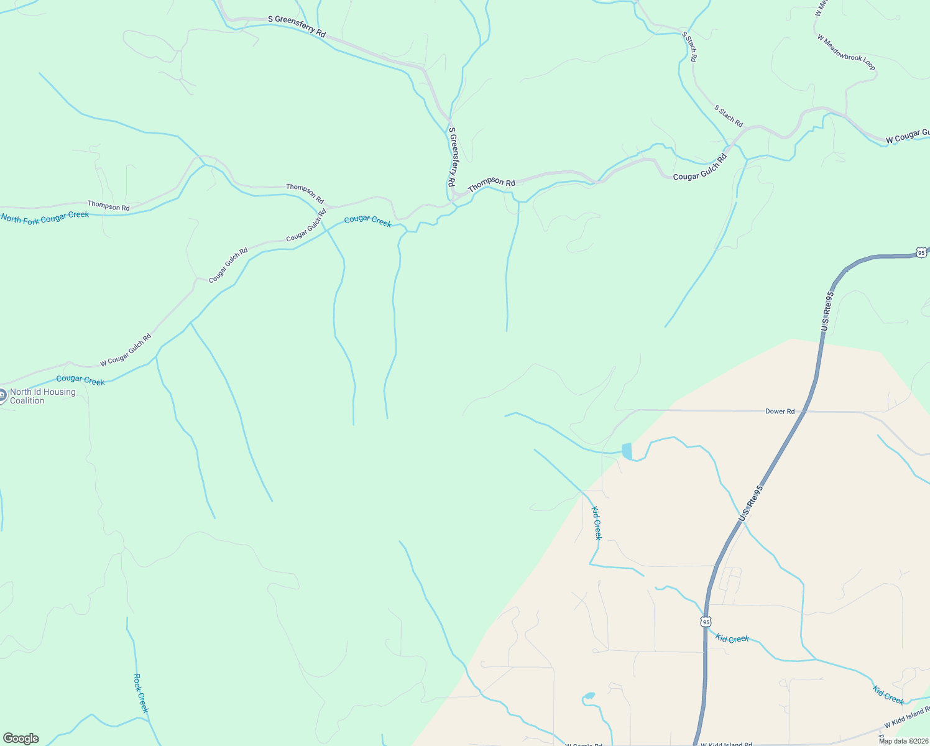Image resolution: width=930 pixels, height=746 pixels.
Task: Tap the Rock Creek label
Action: click(141, 693)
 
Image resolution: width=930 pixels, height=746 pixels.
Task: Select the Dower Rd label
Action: click(780, 412)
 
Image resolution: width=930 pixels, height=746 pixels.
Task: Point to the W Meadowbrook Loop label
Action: click(845, 52)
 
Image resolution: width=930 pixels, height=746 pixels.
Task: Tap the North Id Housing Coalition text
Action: click(43, 396)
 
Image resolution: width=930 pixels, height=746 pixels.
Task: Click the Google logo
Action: click(21, 739)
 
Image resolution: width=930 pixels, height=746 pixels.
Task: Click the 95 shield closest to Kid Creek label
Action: click(705, 622)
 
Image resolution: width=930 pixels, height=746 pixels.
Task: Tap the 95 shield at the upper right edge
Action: click(921, 252)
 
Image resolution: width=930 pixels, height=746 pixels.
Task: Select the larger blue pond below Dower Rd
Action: click(627, 451)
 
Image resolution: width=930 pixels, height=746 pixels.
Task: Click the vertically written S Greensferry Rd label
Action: click(453, 157)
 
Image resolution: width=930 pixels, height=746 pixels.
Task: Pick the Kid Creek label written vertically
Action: click(596, 523)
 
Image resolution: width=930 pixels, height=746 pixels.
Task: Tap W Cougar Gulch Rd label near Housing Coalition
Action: click(126, 351)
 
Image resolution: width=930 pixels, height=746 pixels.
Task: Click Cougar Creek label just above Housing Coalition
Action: click(80, 380)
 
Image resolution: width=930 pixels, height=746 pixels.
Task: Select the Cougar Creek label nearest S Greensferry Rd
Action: click(367, 221)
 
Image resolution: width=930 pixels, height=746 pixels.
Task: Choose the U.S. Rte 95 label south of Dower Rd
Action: click(750, 504)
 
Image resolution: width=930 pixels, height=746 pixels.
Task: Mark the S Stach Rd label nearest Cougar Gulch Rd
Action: click(729, 116)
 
